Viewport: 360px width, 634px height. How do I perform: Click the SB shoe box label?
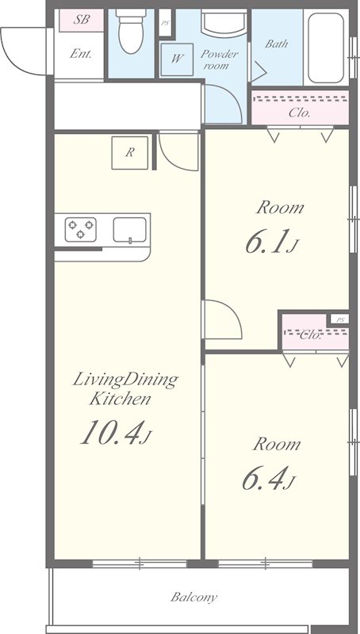click(x=82, y=19)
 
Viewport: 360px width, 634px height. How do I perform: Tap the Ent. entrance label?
click(x=80, y=53)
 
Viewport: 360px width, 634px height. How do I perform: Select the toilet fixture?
click(x=131, y=31)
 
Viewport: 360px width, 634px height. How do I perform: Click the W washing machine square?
click(x=177, y=59)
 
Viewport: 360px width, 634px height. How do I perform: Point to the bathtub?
click(x=326, y=48)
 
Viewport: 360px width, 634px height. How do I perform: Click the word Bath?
click(x=277, y=44)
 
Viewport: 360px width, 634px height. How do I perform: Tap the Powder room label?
click(x=219, y=59)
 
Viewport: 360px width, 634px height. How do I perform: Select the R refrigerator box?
click(x=129, y=153)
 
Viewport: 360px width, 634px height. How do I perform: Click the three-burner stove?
click(x=81, y=229)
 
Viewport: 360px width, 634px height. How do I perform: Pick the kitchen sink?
click(x=130, y=230)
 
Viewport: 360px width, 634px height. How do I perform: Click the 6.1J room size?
click(x=272, y=242)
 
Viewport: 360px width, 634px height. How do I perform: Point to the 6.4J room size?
click(x=269, y=478)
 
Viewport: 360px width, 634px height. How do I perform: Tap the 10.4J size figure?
click(x=116, y=432)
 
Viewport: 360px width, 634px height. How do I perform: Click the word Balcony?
click(x=193, y=597)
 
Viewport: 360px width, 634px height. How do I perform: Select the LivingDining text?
click(x=125, y=380)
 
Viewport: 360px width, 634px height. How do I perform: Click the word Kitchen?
click(x=121, y=399)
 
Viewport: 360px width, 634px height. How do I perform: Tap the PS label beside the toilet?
click(x=165, y=23)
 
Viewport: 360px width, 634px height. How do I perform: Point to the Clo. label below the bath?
click(x=299, y=113)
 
